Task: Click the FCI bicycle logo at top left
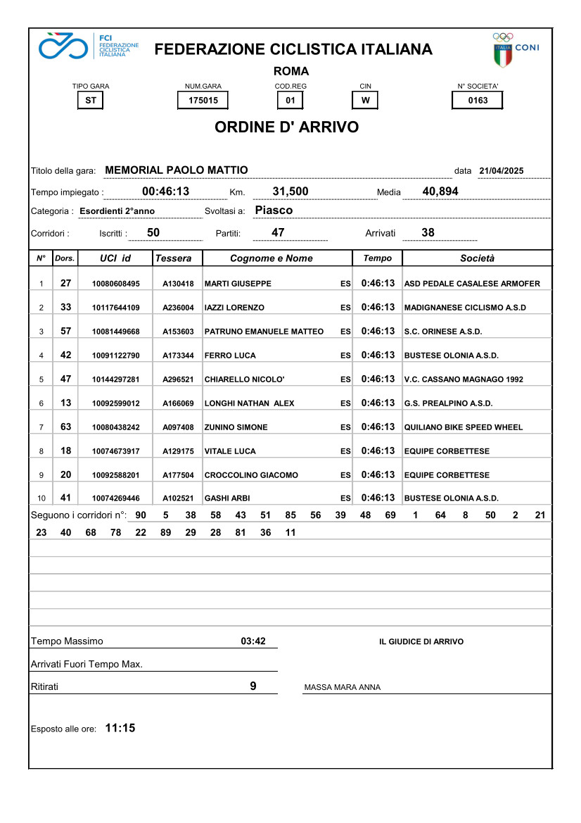(64, 46)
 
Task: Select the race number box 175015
(203, 100)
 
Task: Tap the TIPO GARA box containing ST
(91, 100)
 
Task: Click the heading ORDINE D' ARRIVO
(286, 127)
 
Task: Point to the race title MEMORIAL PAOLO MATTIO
(176, 170)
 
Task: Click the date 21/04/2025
(502, 171)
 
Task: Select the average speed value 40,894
(441, 191)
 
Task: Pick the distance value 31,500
(290, 191)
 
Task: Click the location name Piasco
(274, 211)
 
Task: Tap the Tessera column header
(173, 258)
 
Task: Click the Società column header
(477, 258)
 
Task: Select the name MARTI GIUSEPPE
(238, 284)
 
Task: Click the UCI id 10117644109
(116, 308)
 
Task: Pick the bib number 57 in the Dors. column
(66, 331)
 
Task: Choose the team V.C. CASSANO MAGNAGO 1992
(464, 379)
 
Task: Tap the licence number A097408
(178, 427)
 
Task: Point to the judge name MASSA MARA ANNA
(342, 688)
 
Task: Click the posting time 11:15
(120, 728)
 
